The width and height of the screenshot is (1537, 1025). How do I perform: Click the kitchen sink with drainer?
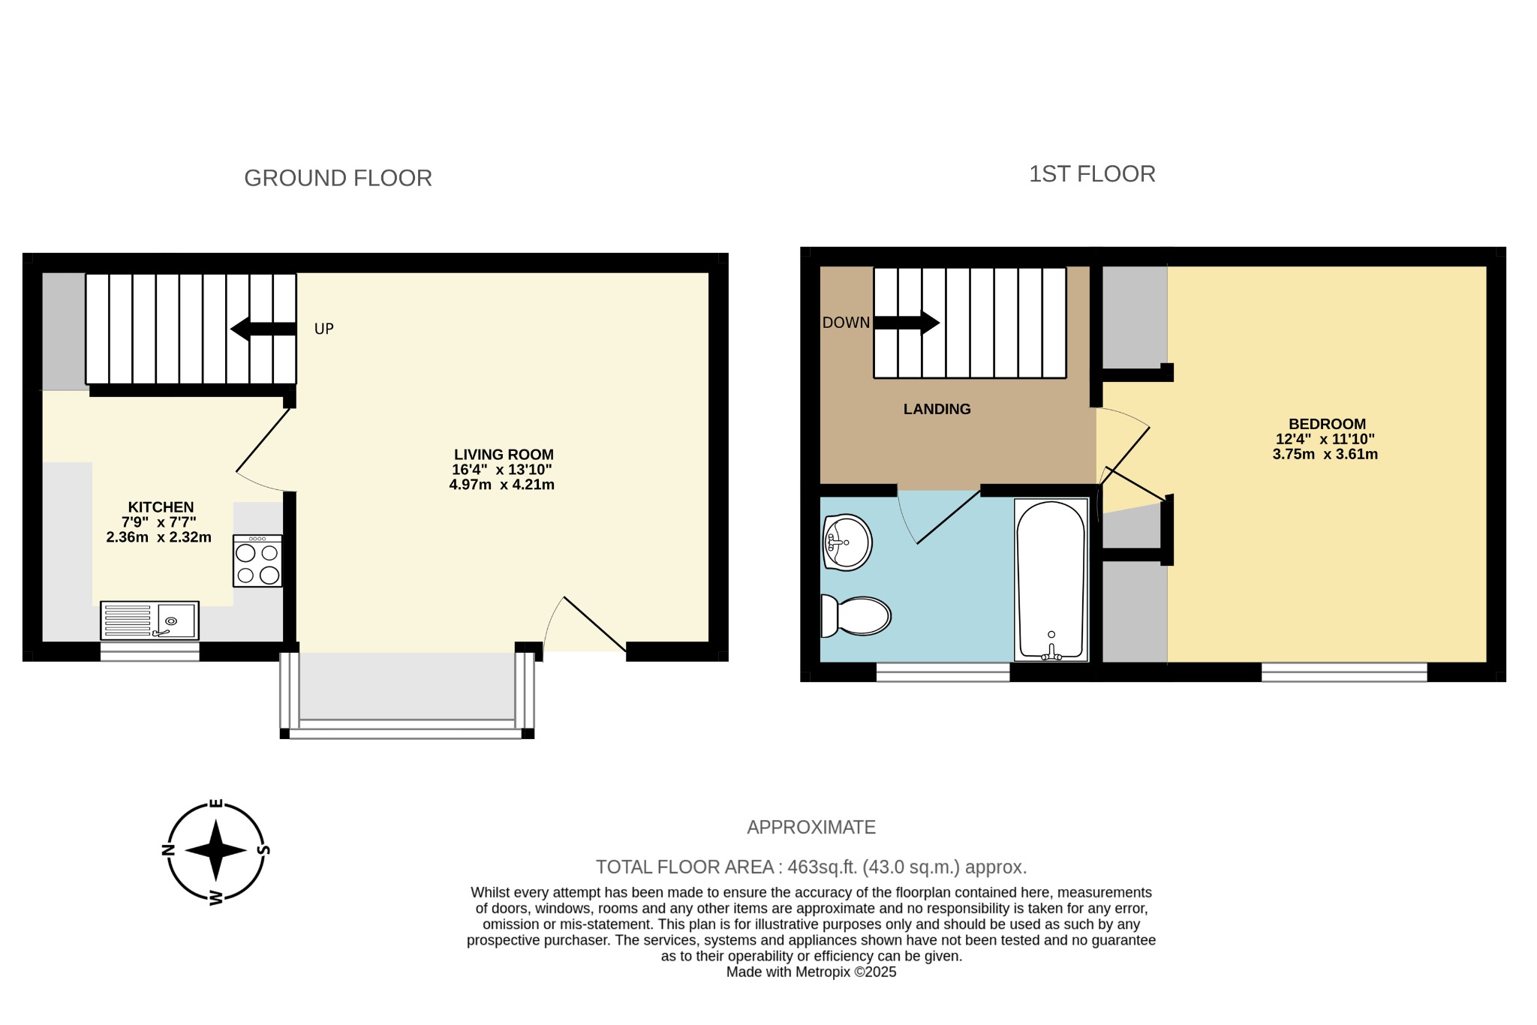pos(149,621)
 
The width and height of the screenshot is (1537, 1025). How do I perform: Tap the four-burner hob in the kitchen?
pos(257,561)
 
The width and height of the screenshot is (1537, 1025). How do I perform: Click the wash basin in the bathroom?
pos(847,542)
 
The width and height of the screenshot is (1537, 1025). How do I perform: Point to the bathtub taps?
pos(1051,652)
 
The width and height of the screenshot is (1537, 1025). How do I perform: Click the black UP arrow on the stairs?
pos(263,329)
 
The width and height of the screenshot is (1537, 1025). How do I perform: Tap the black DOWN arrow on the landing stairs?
pos(907,323)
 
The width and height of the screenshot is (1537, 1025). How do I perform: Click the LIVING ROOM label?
pos(504,455)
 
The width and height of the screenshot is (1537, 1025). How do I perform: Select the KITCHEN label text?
pos(161,507)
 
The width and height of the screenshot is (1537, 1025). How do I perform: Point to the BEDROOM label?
pos(1327,424)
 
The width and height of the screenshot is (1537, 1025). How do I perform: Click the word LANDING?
pos(937,409)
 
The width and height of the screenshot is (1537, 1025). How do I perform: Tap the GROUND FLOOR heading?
pos(338,179)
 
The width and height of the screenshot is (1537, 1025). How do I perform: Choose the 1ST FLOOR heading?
pos(1092,174)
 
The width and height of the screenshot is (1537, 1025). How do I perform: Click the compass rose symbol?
pos(216,851)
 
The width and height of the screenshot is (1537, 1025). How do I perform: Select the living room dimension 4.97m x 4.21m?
pos(501,485)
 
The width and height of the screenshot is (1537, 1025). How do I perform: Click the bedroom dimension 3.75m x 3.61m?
pos(1325,454)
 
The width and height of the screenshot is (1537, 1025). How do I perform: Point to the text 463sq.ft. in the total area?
pos(822,867)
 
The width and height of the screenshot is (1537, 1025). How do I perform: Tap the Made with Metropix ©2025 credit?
pos(811,972)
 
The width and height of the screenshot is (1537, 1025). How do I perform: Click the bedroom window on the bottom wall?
pos(1343,672)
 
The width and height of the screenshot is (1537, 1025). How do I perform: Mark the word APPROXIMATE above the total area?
pos(811,828)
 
